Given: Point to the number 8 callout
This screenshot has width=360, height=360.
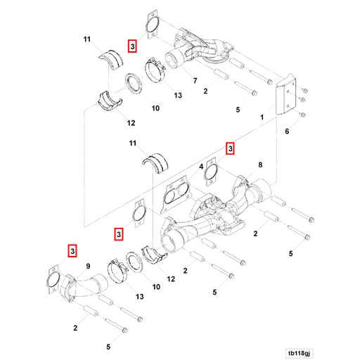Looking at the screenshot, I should coord(259,165).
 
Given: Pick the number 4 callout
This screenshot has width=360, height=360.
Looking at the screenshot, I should coord(201,166).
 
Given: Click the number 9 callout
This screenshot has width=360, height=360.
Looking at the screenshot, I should coord(89,265).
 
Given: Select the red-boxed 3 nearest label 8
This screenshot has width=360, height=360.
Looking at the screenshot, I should coord(229,148).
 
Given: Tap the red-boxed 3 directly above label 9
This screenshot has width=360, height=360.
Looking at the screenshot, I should coord(72,250).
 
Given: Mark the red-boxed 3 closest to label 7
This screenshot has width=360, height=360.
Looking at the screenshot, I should coord(132,46).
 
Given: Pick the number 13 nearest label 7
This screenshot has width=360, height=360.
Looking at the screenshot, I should coord(178,95).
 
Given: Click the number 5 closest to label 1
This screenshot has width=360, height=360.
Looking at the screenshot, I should coord(238,110).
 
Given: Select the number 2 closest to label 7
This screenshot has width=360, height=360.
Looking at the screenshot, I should coord(205,91).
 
